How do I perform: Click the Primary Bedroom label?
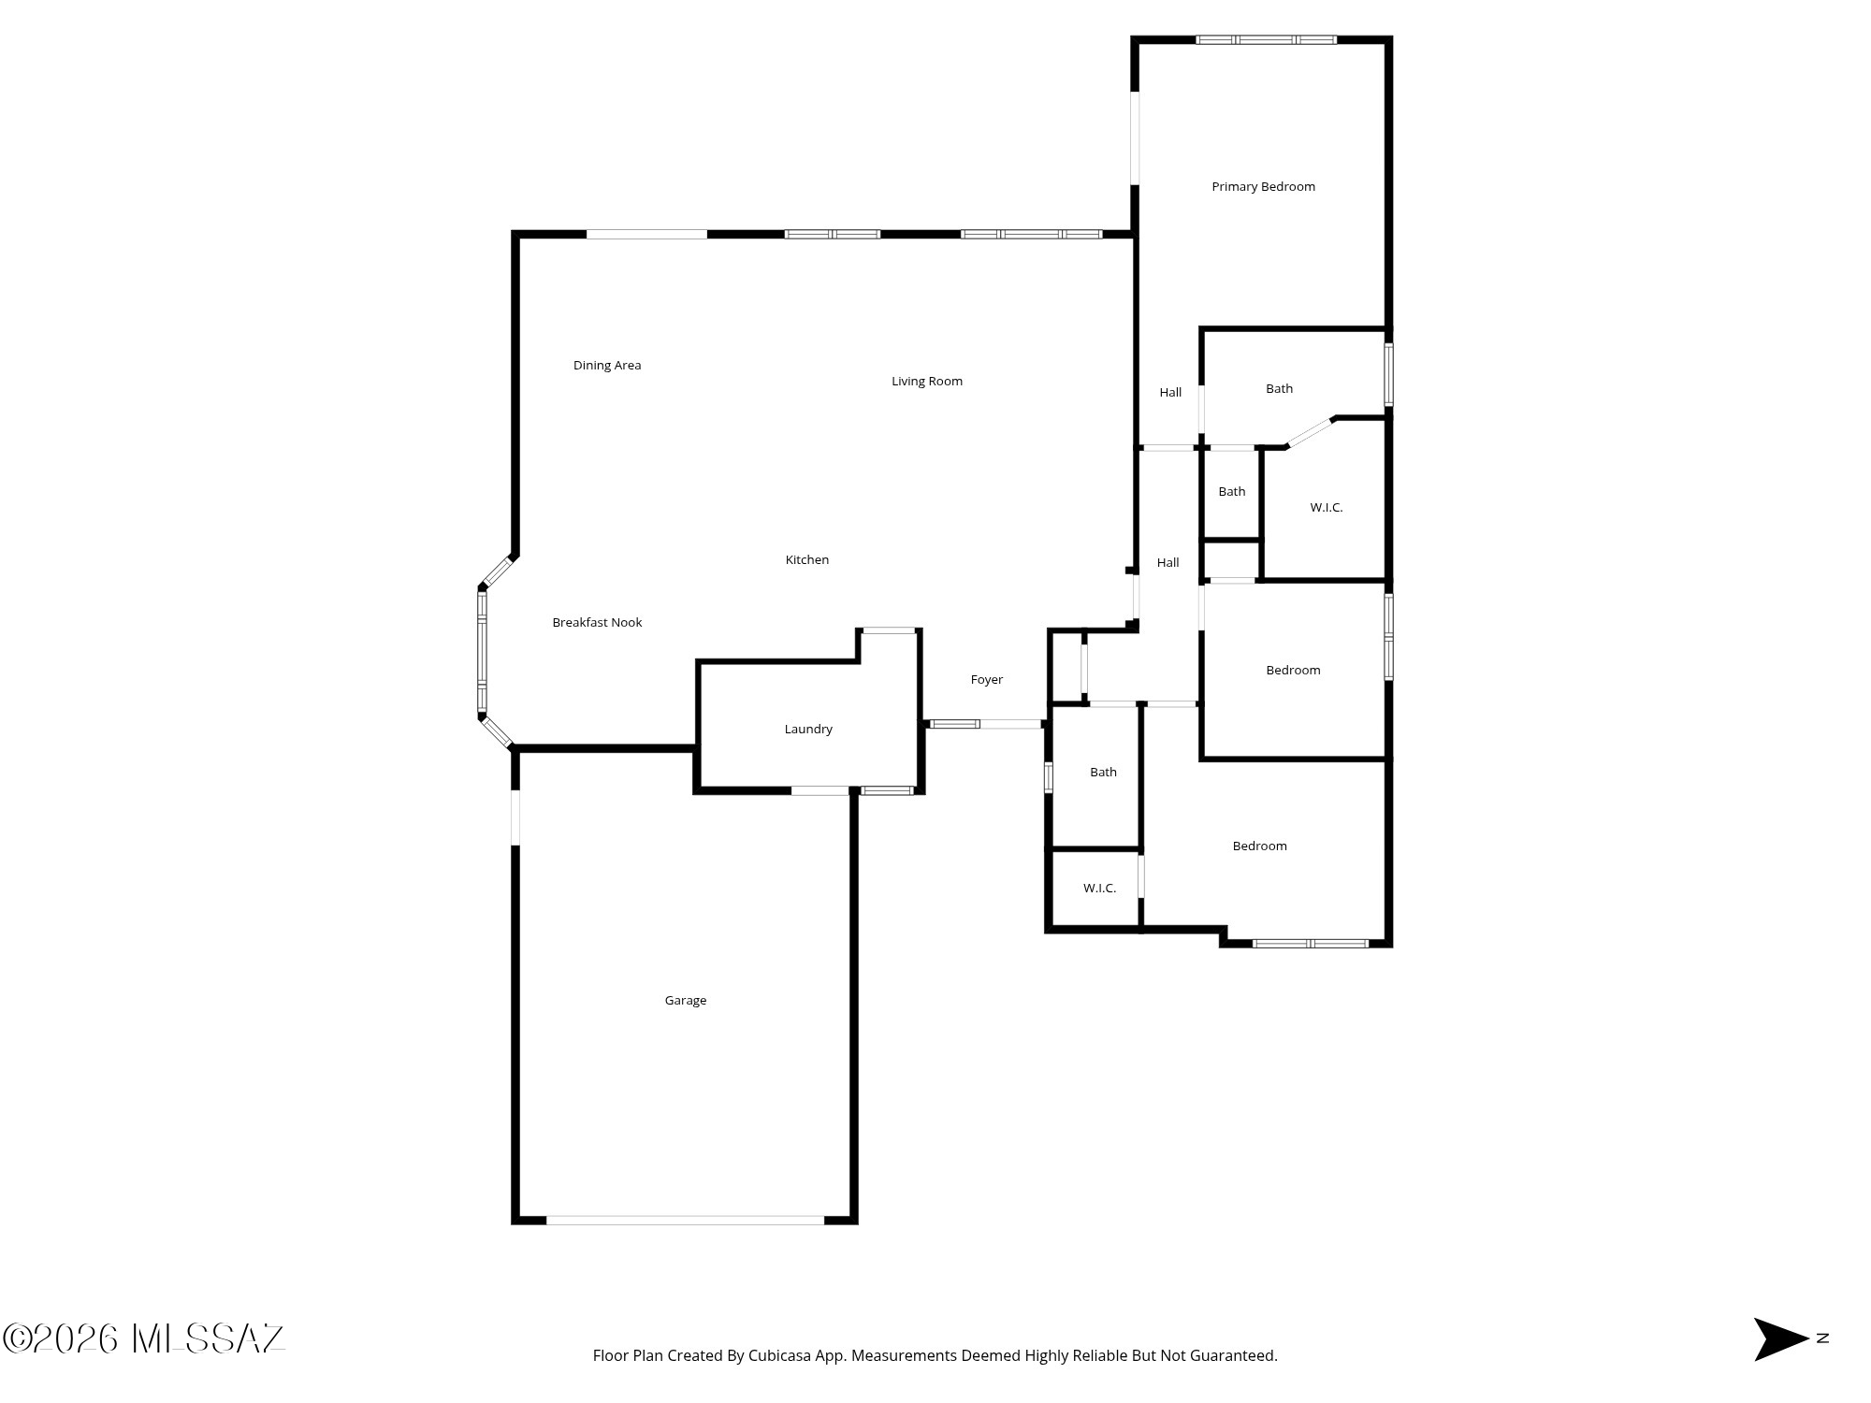point(1263,187)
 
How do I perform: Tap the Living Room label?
point(926,382)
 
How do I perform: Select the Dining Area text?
point(607,366)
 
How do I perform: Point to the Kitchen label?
point(806,560)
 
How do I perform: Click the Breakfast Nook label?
point(597,623)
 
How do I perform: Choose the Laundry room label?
point(808,730)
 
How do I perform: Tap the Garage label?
point(686,1001)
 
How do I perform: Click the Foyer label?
point(986,680)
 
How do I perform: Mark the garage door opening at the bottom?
point(686,1220)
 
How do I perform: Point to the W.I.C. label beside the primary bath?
point(1326,508)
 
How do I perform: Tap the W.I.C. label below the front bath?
point(1099,889)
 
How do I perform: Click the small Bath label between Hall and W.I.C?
point(1231,492)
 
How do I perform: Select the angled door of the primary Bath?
point(1310,432)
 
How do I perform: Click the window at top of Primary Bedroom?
point(1267,40)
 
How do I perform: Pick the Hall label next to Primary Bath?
point(1170,393)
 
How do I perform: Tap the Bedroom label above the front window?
point(1259,846)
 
